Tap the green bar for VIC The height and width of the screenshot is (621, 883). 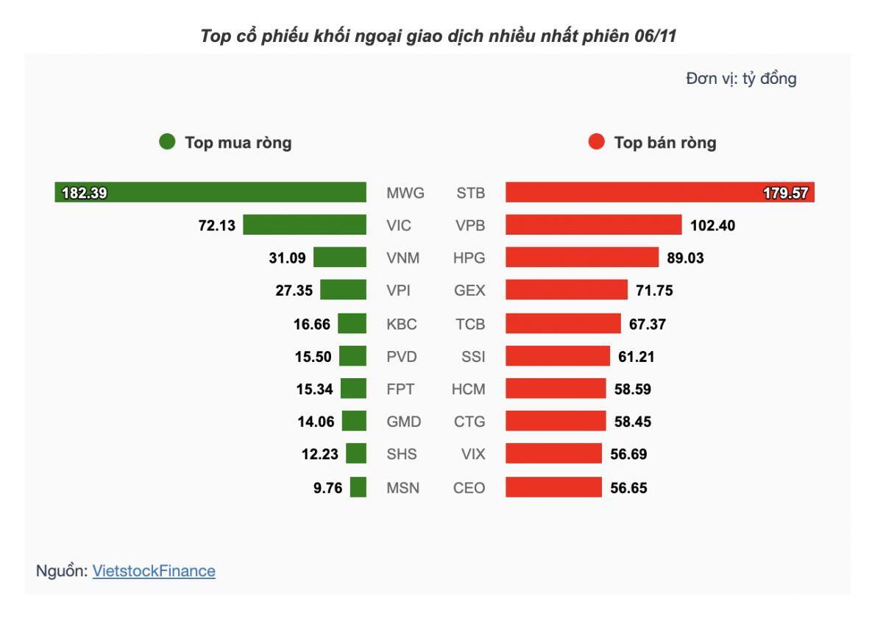pyautogui.click(x=305, y=225)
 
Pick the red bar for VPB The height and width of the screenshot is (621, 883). pyautogui.click(x=594, y=225)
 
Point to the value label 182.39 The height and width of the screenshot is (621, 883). pyautogui.click(x=85, y=194)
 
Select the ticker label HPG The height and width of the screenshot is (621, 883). pyautogui.click(x=469, y=258)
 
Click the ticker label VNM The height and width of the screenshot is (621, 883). pyautogui.click(x=404, y=258)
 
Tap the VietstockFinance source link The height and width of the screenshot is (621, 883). pyautogui.click(x=154, y=571)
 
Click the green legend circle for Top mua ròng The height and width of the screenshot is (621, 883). pyautogui.click(x=167, y=142)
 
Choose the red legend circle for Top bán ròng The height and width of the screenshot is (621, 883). pyautogui.click(x=597, y=142)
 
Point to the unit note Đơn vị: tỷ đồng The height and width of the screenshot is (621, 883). pyautogui.click(x=741, y=79)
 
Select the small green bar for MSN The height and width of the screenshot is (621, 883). pyautogui.click(x=358, y=487)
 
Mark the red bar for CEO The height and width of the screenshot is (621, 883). pyautogui.click(x=553, y=487)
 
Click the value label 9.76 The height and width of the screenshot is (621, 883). pyautogui.click(x=328, y=487)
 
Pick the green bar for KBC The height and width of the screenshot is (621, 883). pyautogui.click(x=352, y=324)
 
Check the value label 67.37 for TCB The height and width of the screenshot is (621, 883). pyautogui.click(x=648, y=324)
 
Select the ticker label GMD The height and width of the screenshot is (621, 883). pyautogui.click(x=404, y=422)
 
